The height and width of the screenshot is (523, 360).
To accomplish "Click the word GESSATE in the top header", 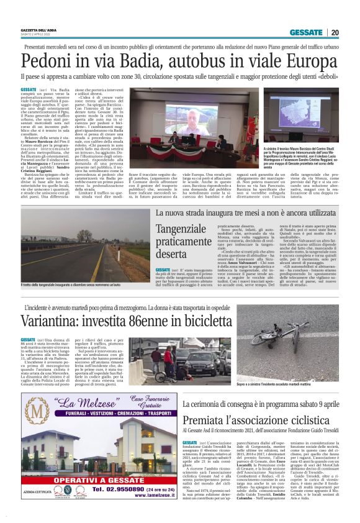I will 310,32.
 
